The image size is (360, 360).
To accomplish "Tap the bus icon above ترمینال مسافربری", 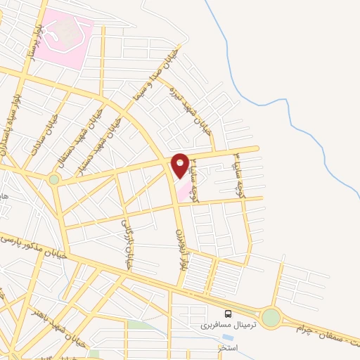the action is pos(228,314).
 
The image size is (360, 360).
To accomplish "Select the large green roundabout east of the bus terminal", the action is pos(271,318).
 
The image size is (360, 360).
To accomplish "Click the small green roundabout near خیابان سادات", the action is pos(54,179).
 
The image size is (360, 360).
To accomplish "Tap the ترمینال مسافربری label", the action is pos(229,325).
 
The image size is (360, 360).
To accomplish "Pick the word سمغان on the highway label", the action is pos(330,339).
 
